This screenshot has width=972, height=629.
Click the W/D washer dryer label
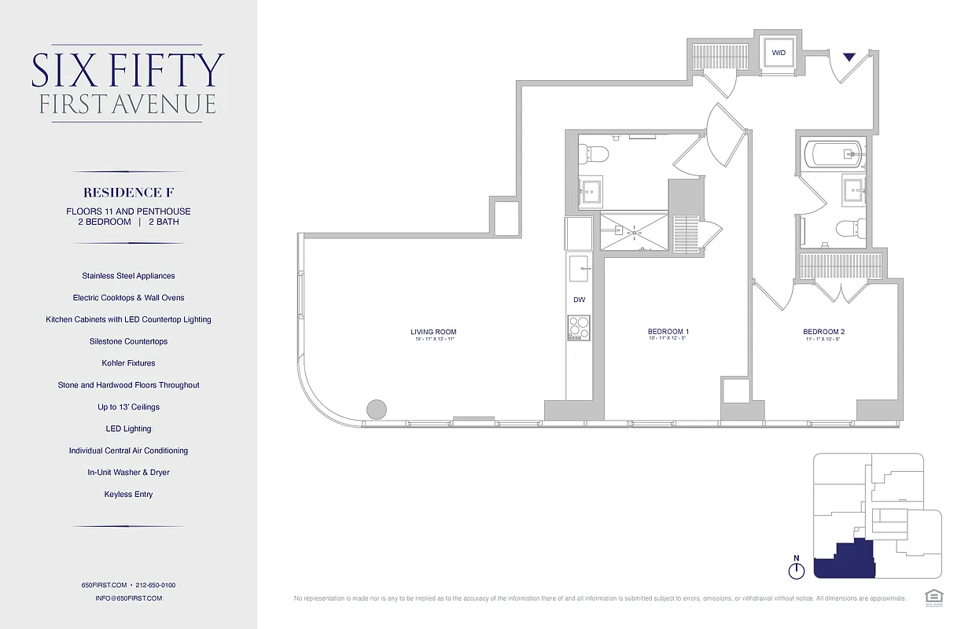779,53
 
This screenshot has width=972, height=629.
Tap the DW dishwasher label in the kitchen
579,300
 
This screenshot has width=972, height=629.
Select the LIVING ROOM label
433,333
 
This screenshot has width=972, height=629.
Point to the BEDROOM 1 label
668,333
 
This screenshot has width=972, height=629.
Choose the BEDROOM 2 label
823,333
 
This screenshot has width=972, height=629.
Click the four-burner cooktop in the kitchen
579,327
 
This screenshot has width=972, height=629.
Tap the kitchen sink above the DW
580,268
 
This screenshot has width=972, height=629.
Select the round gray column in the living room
377,409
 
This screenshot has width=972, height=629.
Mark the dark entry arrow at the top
849,57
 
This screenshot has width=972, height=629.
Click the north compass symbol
796,569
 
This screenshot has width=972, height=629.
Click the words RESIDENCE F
127,193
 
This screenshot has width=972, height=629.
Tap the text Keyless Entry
128,495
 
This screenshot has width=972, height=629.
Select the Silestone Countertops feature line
128,341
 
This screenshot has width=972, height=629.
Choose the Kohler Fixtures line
128,363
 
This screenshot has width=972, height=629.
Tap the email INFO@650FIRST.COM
128,598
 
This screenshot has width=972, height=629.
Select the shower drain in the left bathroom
634,231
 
